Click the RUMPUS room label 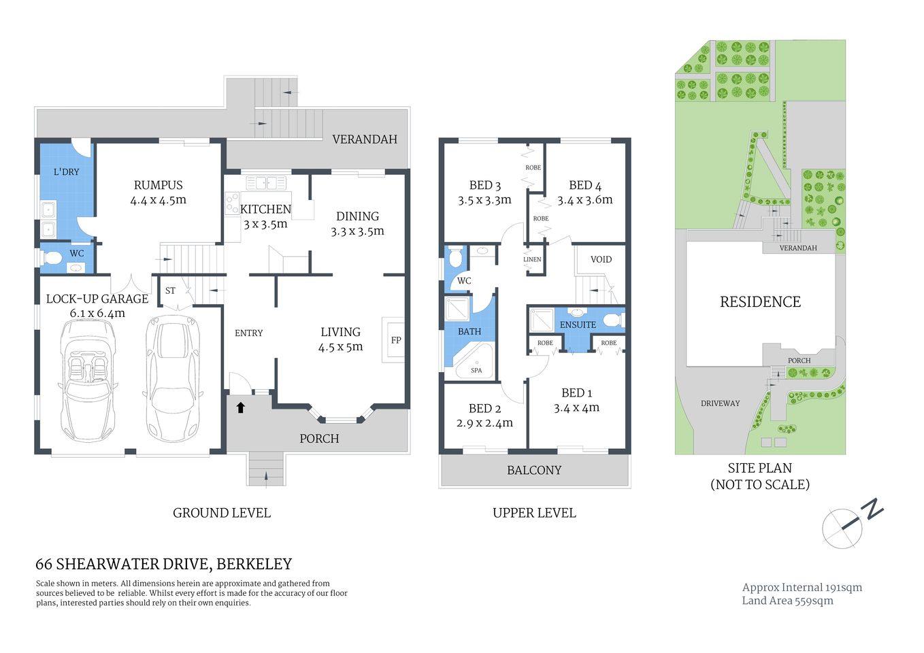click(158, 185)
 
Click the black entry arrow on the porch click(240, 407)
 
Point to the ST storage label click(170, 290)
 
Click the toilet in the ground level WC click(52, 258)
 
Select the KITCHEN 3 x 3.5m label click(265, 216)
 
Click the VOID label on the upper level click(601, 259)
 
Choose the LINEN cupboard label click(532, 259)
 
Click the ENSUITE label click(578, 325)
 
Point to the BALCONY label click(534, 470)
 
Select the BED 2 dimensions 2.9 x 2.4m click(484, 423)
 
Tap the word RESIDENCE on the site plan click(760, 302)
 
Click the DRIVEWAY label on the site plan click(720, 403)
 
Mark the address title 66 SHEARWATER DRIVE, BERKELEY click(163, 564)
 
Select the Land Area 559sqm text click(787, 601)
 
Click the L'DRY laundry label click(66, 172)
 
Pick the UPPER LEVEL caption click(534, 513)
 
